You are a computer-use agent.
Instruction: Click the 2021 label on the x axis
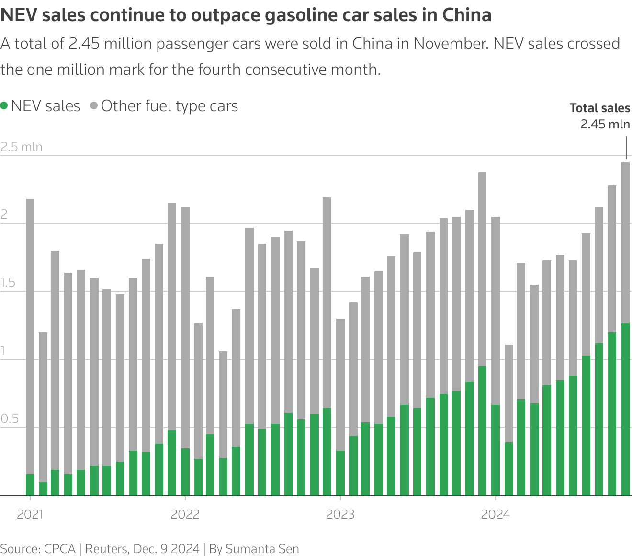point(30,515)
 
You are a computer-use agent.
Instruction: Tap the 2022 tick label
point(185,515)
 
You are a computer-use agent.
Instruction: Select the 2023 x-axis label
point(340,515)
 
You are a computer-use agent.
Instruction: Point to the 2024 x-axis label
point(495,515)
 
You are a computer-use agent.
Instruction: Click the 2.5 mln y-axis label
point(22,147)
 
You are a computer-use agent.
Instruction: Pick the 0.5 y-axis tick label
point(10,419)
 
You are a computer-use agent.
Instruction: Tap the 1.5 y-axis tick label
point(9,283)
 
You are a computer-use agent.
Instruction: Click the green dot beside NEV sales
point(4,106)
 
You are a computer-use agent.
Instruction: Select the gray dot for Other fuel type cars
point(94,106)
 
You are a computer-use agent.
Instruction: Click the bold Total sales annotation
point(599,108)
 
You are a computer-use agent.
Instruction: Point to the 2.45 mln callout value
point(605,124)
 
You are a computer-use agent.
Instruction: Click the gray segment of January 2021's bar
point(30,336)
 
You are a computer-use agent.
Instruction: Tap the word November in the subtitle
point(450,44)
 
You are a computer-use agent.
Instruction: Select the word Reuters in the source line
point(105,549)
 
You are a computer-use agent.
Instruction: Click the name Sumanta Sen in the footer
point(262,549)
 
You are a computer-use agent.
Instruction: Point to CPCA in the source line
point(59,549)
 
